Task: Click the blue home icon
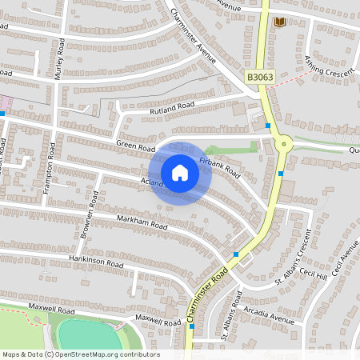pos(180,172)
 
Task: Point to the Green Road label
pos(135,146)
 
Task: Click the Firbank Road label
pos(220,166)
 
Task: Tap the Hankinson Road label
pos(95,262)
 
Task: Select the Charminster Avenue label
pos(194,36)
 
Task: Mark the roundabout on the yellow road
pos(282,144)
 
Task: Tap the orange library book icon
pos(280,22)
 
